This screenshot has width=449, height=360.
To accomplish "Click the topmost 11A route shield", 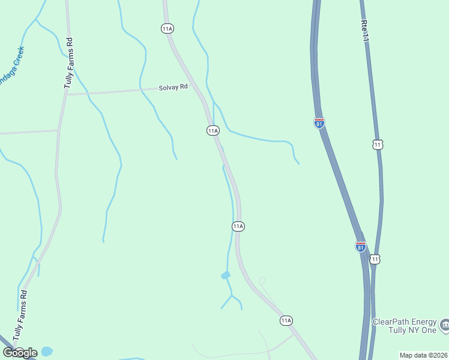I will pos(167,28).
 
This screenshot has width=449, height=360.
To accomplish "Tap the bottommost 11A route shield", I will pos(286,320).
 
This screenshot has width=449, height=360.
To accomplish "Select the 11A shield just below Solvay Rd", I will pos(212,130).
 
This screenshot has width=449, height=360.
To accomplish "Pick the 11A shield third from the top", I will pos(238,226).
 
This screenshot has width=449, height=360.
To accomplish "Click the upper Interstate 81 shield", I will pos(319,123).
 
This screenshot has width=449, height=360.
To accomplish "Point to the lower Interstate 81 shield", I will pos(360,246).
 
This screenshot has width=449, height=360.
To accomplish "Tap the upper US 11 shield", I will pos(378,145).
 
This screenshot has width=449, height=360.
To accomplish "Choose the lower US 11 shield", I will pos(375,259).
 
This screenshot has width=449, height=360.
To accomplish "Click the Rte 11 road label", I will pos(364,30).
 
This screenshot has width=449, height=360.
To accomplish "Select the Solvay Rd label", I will pos(173,87).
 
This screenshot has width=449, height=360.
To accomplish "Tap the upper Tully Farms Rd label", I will pos(68,64).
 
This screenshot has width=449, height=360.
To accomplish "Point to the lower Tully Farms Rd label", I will pos(21,314).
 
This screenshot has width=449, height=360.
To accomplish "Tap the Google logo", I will pos(20,352).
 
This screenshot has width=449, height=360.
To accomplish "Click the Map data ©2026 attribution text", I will pos(423,355).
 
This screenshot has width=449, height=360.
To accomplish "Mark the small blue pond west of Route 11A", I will pos(226,275).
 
